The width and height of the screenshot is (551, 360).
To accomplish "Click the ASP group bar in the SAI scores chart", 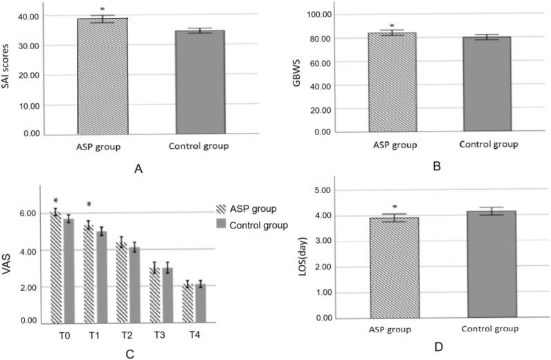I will (x=102, y=76).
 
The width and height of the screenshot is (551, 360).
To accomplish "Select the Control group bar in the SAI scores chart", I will (x=199, y=82).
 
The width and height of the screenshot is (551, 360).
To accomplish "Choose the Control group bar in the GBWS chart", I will (x=487, y=84).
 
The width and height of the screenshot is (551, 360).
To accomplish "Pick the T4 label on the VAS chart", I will (x=197, y=336).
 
